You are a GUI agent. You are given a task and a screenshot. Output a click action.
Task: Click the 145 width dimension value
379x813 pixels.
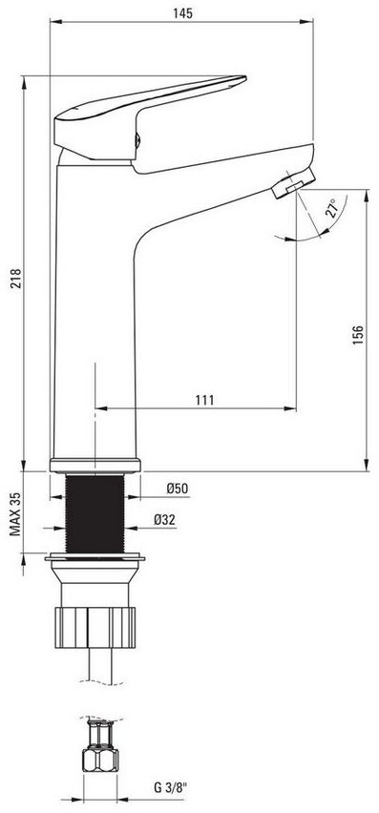pos(182,13)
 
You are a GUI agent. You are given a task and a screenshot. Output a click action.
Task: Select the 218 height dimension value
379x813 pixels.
pos(15,279)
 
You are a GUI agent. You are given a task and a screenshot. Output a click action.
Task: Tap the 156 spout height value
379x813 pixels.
pos(358,336)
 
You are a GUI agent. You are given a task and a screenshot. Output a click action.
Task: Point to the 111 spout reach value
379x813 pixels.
pos(205,400)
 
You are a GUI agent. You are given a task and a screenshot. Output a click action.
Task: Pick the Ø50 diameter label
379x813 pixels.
pos(177,488)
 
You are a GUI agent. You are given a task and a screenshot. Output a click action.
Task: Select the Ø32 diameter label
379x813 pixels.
pos(164,519)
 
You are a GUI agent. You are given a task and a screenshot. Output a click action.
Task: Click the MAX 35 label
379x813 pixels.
pos(16,513)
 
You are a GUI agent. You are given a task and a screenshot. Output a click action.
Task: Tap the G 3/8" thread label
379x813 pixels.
pos(171,788)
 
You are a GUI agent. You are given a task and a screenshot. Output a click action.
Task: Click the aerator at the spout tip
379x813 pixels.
pos(293,182)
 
